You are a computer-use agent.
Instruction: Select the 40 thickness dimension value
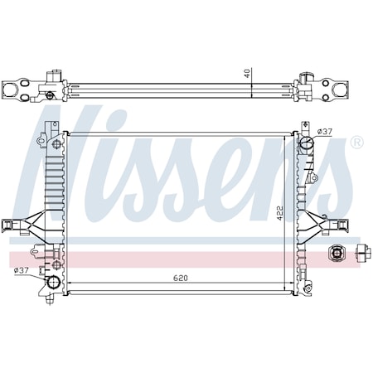(x=247, y=73)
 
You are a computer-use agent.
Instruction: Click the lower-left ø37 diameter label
(x=22, y=269)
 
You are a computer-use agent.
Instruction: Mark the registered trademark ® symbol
(x=356, y=142)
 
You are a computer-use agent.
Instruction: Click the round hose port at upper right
(x=308, y=142)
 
